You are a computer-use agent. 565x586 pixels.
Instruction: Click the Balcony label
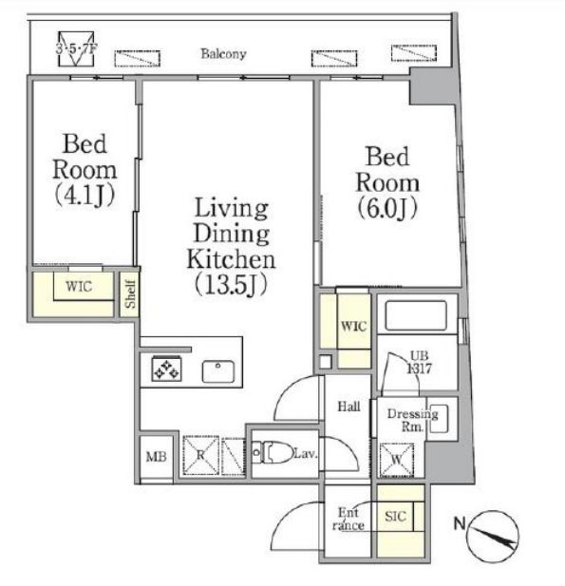[x=223, y=54]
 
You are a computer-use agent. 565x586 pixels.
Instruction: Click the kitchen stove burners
[x=166, y=369]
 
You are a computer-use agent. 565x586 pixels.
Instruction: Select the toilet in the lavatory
[x=275, y=453]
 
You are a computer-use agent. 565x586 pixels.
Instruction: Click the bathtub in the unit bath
[x=417, y=313]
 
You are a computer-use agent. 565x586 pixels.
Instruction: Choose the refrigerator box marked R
[x=199, y=454]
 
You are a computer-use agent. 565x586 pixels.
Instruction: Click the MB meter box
[x=155, y=457]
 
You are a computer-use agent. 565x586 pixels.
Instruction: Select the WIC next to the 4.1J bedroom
[x=79, y=287]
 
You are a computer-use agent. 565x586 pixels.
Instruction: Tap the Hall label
[x=348, y=406]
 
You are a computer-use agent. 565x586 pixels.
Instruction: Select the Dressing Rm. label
[x=412, y=419]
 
